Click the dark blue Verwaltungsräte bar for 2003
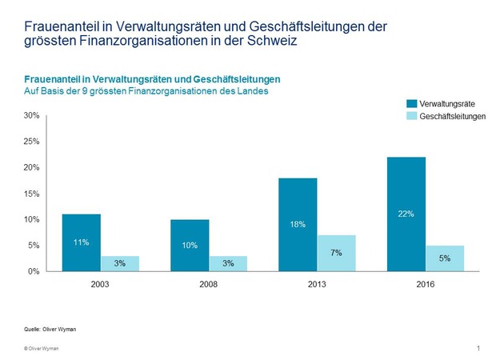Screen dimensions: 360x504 tap(82, 242)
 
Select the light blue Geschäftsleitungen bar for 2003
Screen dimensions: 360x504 tap(119, 263)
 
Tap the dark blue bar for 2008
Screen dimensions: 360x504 tap(190, 245)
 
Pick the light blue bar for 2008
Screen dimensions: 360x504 tap(228, 263)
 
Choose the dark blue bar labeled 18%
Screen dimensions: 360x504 tap(298, 224)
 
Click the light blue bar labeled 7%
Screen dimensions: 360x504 tap(337, 253)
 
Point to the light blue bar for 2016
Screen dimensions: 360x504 tap(445, 258)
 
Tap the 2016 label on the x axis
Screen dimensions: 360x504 tap(426, 283)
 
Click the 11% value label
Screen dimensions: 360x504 tap(82, 241)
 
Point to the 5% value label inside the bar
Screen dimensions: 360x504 tap(445, 258)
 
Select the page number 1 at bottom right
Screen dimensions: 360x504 tap(478, 348)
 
